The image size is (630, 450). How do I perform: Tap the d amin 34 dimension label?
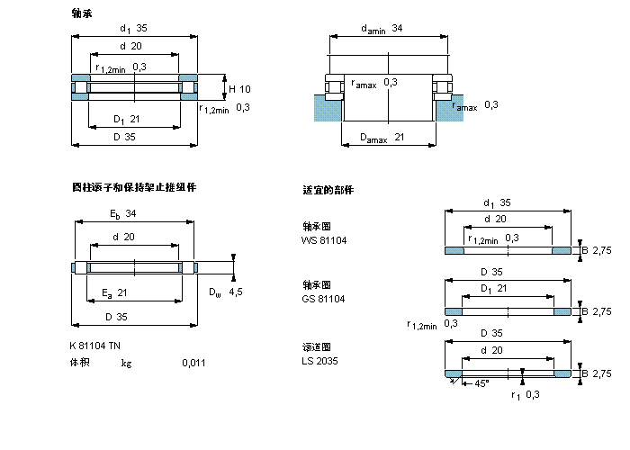click(382, 29)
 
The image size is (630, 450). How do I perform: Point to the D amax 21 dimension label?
click(382, 137)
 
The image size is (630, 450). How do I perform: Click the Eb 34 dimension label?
click(123, 213)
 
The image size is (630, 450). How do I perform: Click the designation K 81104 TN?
click(94, 346)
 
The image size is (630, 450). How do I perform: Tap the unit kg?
click(127, 363)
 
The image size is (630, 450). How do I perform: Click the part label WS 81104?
click(324, 240)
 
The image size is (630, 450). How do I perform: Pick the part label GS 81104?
click(324, 298)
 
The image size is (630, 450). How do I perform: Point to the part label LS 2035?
click(319, 361)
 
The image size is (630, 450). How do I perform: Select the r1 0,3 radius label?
click(526, 395)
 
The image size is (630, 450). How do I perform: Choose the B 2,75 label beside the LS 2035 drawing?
click(595, 373)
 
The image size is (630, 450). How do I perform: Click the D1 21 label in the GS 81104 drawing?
click(497, 288)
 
